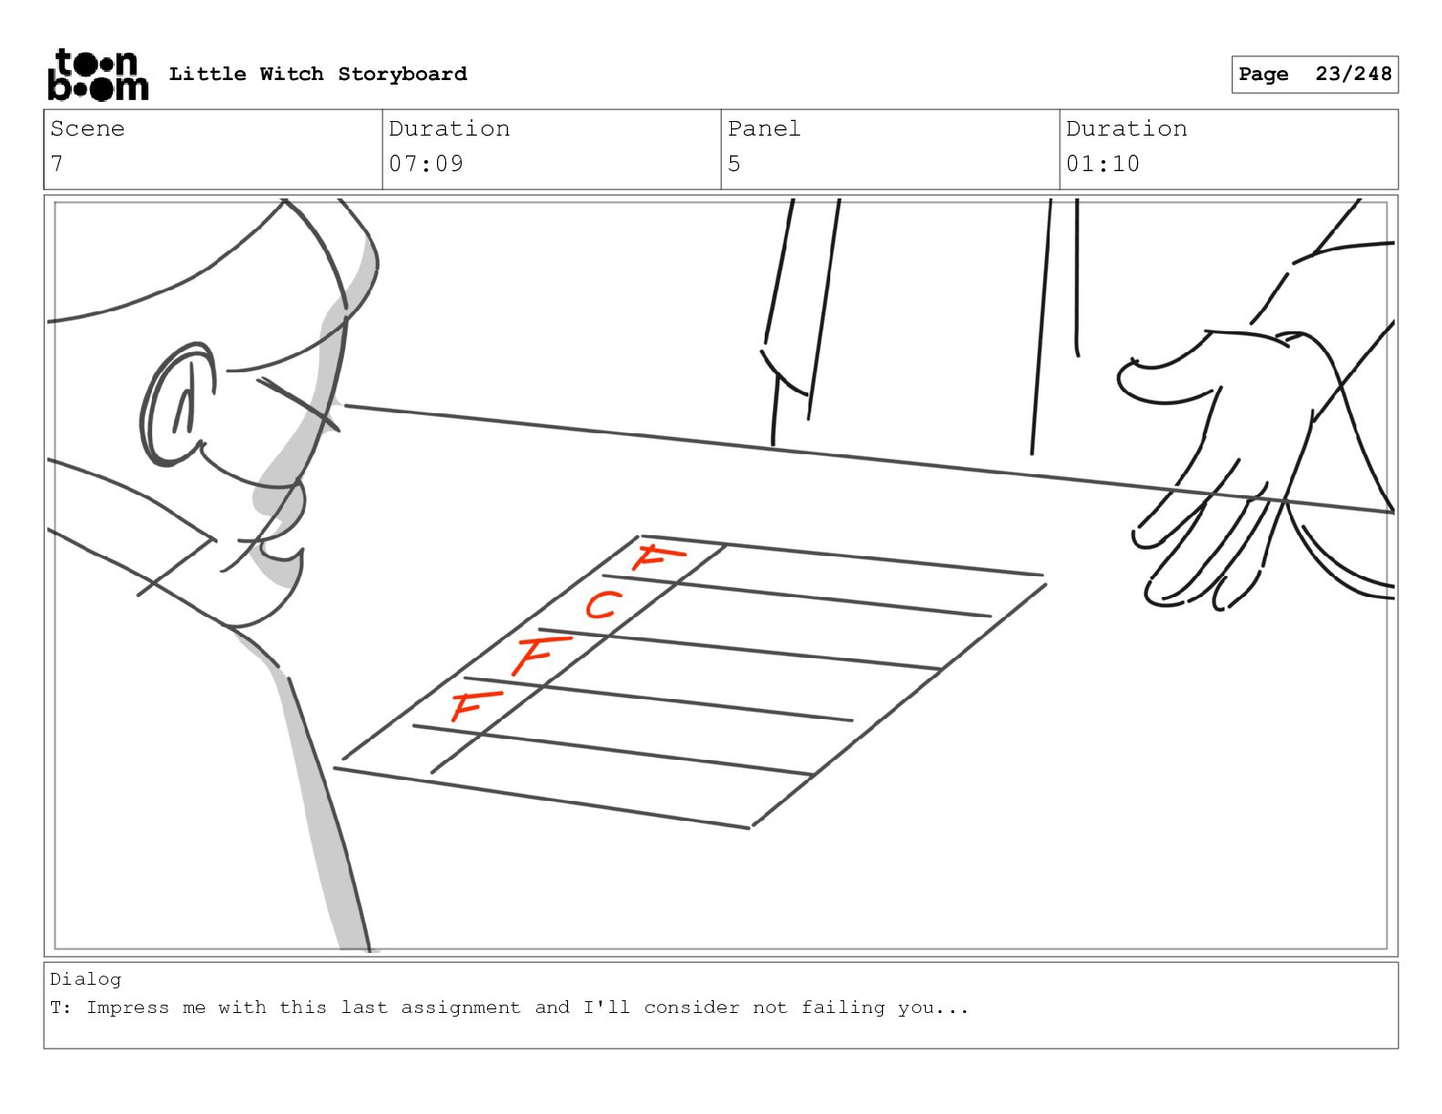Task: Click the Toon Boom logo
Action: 97,75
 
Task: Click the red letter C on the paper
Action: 604,605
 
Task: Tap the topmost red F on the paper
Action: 657,557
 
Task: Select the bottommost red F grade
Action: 476,705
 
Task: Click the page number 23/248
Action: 1353,74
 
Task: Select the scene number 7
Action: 56,163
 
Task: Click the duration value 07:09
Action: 426,163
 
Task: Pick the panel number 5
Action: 733,163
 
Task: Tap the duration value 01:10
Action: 1103,163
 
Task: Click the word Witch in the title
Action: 291,74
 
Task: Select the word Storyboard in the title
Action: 402,74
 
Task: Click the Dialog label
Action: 86,980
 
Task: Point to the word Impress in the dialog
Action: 127,1008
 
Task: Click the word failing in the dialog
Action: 843,1008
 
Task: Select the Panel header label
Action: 764,128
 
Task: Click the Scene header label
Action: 87,128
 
